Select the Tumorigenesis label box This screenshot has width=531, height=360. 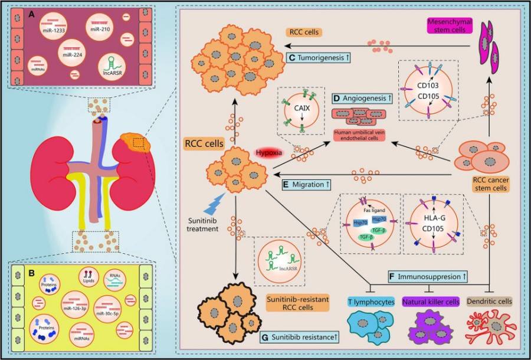319,58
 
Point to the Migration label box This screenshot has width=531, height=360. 307,185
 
